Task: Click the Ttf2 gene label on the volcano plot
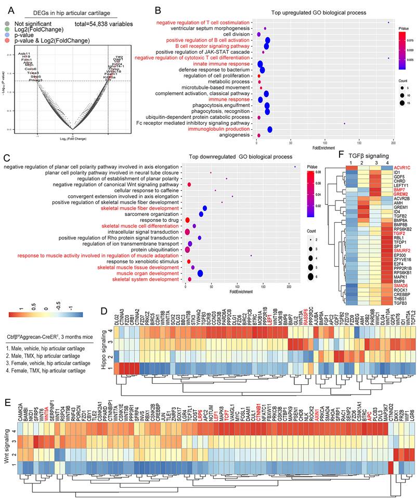[x=119, y=57]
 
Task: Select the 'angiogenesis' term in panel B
[x=235, y=135]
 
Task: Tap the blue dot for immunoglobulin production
[x=270, y=129]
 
